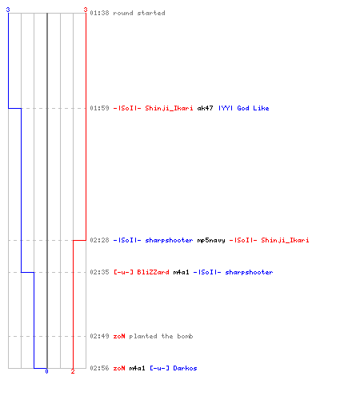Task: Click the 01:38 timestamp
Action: pos(99,13)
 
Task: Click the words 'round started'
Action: pos(139,13)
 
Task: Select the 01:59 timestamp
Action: pos(99,108)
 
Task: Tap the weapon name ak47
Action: pos(205,108)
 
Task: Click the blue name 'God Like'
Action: pos(253,108)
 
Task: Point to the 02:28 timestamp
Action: pos(99,240)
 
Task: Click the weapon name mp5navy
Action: pos(211,240)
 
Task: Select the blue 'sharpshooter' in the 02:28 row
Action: pos(169,240)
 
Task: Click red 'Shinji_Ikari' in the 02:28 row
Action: pos(285,240)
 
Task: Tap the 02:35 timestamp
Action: pos(99,272)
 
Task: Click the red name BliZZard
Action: pos(153,272)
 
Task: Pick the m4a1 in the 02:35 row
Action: pos(181,272)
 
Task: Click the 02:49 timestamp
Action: pos(99,336)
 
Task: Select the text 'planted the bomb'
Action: pos(161,336)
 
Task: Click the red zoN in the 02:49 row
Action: pos(119,336)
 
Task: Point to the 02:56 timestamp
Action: pos(99,368)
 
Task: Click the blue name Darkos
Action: pos(185,368)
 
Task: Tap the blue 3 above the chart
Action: pos(8,10)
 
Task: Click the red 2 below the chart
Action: pos(73,371)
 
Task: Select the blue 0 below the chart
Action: pos(46,371)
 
